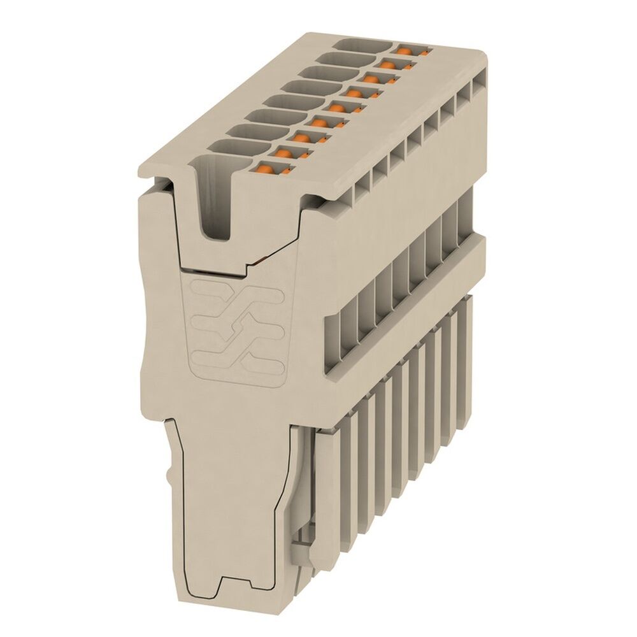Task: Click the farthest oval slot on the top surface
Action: [360, 45]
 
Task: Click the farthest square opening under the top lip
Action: [476, 89]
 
